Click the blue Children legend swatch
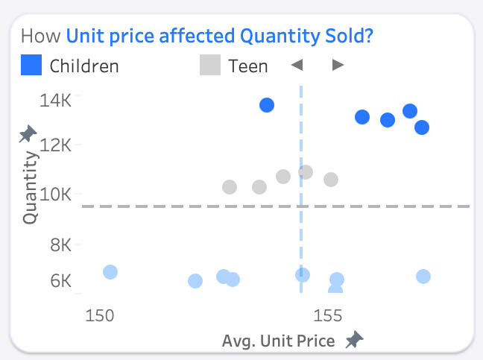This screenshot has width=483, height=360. (31, 66)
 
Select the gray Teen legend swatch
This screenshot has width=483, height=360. (210, 66)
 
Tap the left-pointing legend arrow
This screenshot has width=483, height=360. (297, 66)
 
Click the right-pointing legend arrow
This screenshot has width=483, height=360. (338, 66)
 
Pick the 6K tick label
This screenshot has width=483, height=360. (60, 282)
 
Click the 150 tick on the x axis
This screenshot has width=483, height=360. (99, 315)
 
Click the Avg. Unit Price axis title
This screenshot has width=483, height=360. (278, 341)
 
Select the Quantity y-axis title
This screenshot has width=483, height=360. (31, 187)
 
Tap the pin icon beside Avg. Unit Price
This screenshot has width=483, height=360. (355, 340)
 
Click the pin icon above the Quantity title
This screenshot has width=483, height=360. (28, 134)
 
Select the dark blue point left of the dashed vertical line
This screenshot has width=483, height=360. (267, 105)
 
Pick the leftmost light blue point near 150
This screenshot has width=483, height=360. (110, 272)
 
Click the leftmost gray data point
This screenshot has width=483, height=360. (230, 187)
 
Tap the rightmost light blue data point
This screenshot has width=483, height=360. (423, 277)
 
